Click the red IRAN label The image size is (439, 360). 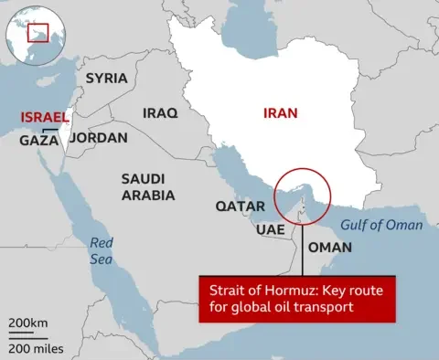281,114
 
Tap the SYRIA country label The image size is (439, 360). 106,79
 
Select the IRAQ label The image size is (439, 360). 162,112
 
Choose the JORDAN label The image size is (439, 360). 98,138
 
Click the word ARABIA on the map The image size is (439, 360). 148,195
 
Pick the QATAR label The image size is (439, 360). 240,206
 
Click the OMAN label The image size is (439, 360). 329,248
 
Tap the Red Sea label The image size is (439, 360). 101,251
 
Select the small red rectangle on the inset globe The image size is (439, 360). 37,34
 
